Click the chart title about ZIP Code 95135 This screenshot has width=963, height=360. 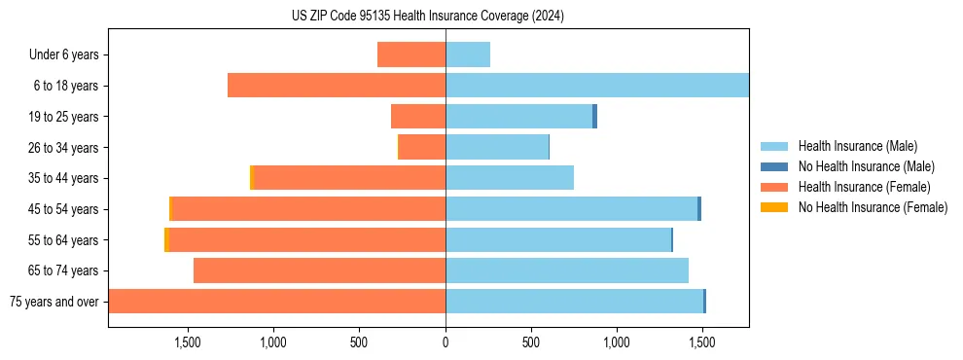[x=428, y=17]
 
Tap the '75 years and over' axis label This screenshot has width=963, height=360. [x=53, y=302]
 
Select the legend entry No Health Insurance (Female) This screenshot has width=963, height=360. [x=873, y=207]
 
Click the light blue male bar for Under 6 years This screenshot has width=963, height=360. [x=468, y=54]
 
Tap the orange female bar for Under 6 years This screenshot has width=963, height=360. [x=411, y=54]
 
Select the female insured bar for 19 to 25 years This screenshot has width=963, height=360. [x=418, y=117]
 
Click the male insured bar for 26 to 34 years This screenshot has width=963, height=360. [x=497, y=147]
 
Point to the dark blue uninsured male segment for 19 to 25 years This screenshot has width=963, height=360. [x=594, y=117]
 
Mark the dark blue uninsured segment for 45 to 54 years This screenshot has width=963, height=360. [x=699, y=209]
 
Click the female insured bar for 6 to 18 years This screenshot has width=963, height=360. [x=337, y=86]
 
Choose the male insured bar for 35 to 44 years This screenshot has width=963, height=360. [x=510, y=178]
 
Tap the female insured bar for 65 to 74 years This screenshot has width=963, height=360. [x=319, y=270]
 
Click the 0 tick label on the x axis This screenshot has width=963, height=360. [x=446, y=342]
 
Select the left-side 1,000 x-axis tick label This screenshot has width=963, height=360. [x=272, y=342]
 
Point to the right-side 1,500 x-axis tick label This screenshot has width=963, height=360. [x=702, y=342]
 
